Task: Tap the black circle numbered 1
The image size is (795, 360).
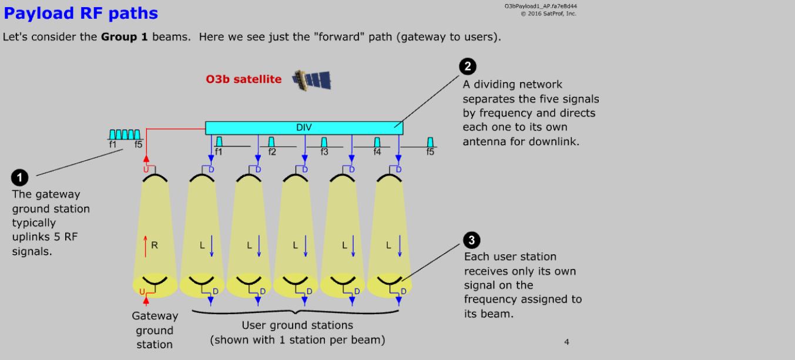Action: click(20, 177)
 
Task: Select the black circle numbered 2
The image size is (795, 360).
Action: click(467, 66)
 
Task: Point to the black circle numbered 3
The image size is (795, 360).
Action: click(472, 240)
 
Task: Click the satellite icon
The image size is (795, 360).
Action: click(311, 79)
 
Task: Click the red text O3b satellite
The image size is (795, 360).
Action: click(243, 79)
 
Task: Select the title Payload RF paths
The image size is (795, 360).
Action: click(80, 13)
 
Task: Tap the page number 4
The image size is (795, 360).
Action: click(566, 342)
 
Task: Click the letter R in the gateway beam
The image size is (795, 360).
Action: click(155, 245)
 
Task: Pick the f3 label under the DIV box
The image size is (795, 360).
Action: click(324, 152)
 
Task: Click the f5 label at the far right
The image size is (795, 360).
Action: click(430, 152)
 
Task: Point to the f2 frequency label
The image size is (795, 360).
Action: click(272, 152)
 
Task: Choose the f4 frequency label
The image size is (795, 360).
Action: click(377, 152)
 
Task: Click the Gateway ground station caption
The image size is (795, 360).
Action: click(155, 330)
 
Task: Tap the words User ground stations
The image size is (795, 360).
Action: click(297, 325)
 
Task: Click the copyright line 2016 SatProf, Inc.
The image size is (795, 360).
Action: click(548, 14)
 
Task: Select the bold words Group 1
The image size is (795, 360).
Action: click(124, 37)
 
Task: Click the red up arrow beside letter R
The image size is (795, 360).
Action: click(146, 245)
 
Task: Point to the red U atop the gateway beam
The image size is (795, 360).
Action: click(146, 170)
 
